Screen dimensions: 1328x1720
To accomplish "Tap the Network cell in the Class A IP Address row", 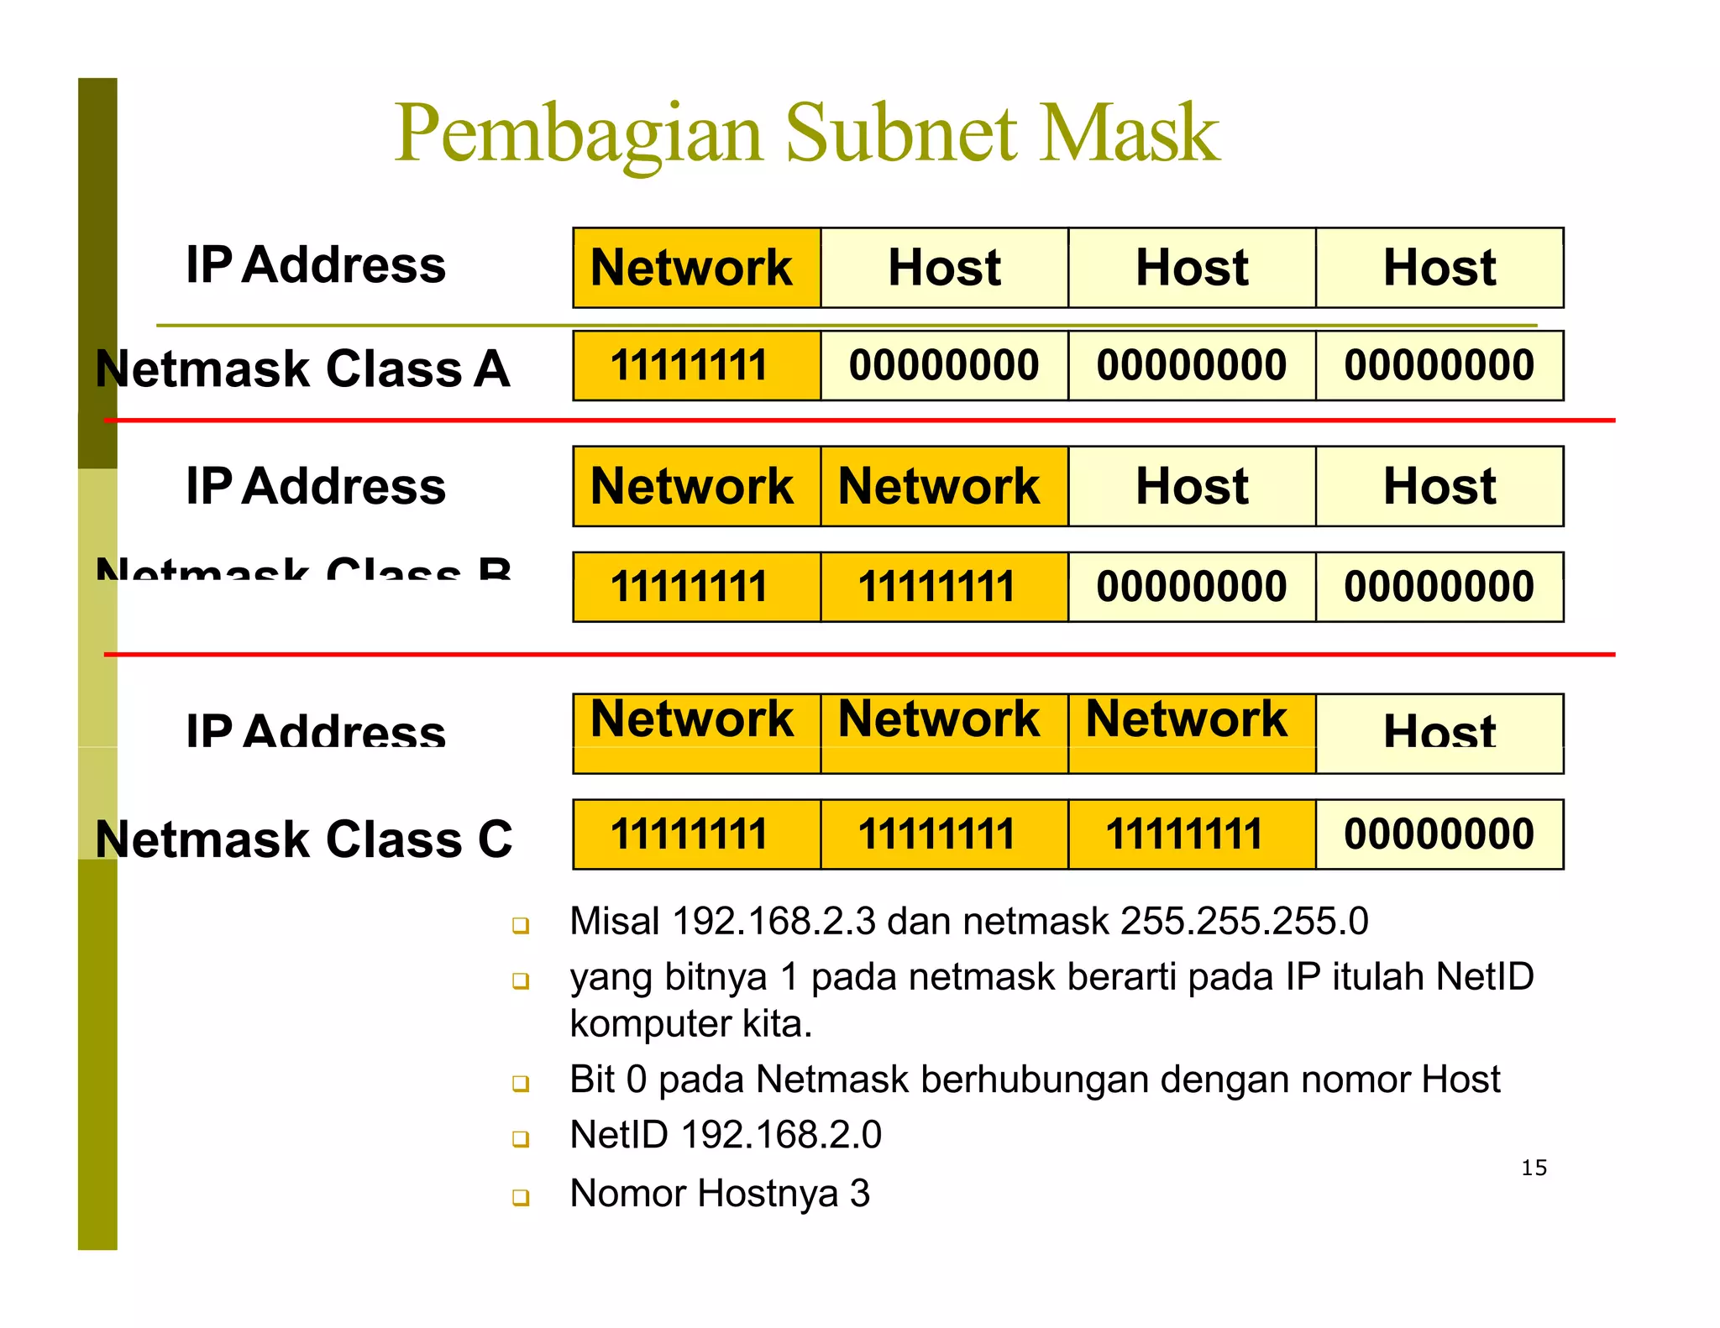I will (696, 268).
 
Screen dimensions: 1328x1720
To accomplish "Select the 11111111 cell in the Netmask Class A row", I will (696, 365).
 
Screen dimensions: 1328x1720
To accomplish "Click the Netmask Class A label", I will (302, 369).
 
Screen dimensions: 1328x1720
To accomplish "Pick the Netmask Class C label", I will (303, 839).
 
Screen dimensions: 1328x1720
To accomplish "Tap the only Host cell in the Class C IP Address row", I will (1439, 732).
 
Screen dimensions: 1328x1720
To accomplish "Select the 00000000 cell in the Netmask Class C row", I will (1439, 834).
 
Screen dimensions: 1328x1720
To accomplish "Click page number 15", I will (1534, 1168).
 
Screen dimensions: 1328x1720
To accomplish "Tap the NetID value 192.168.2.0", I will (781, 1135).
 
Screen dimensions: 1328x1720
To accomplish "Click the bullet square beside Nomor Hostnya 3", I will (521, 1196).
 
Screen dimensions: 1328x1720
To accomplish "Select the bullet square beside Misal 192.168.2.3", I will (521, 925).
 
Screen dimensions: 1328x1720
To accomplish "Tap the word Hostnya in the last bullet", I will (768, 1193).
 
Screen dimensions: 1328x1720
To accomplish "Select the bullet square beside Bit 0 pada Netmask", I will (521, 1084).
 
